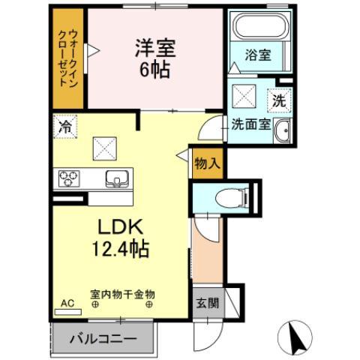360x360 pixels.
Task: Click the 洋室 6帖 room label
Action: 154,58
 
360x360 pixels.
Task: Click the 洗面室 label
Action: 249,126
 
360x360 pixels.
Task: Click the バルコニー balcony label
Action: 103,339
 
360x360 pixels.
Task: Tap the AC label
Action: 67,304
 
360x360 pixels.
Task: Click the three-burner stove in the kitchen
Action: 69,178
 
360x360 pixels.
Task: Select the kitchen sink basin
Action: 117,178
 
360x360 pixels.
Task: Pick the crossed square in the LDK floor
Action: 103,148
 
